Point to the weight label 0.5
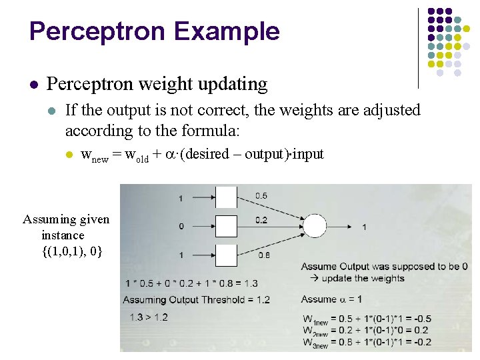pos(261,195)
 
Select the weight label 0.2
pos(261,219)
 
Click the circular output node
pos(315,226)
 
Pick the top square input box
pos(226,197)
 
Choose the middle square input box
pos(226,226)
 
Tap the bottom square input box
pos(226,255)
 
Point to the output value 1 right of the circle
pos(364,227)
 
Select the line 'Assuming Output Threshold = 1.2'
pos(197,299)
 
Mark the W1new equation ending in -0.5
pos(366,318)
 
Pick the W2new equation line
pos(366,330)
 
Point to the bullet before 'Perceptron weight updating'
pos(33,85)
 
